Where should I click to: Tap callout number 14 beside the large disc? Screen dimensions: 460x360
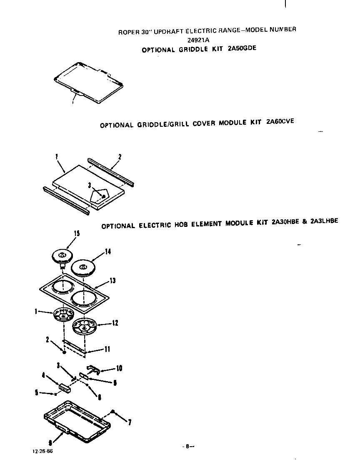click(108, 251)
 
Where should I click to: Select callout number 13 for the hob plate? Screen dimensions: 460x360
click(112, 281)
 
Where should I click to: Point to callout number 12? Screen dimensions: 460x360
click(115, 323)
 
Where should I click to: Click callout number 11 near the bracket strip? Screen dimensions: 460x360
click(107, 349)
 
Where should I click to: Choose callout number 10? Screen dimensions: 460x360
click(119, 368)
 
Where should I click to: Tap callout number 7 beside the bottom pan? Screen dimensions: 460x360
click(130, 422)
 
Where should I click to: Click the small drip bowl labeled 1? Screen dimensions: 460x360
click(63, 314)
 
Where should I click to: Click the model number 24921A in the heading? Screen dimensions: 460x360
click(200, 40)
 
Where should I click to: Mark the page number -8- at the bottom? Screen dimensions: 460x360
click(188, 446)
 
